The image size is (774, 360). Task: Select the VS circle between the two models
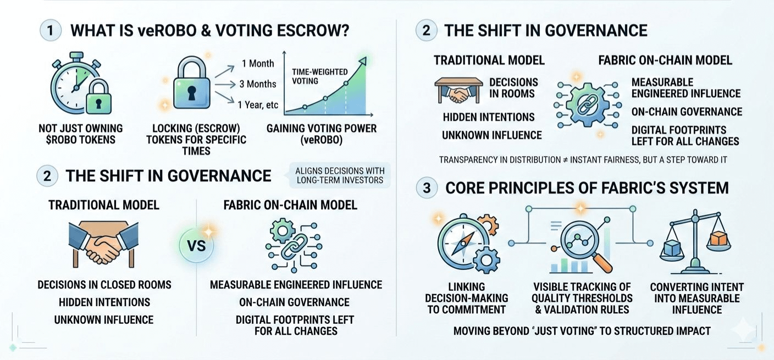(x=196, y=245)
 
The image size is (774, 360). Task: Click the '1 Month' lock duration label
(x=258, y=64)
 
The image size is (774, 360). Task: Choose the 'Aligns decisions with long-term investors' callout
(x=340, y=174)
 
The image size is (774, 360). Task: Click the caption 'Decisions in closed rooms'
(x=104, y=285)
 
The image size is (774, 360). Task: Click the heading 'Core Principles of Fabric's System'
(x=587, y=188)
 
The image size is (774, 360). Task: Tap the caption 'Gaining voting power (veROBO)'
(x=322, y=134)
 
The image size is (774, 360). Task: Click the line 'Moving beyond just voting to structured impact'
(x=582, y=331)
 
